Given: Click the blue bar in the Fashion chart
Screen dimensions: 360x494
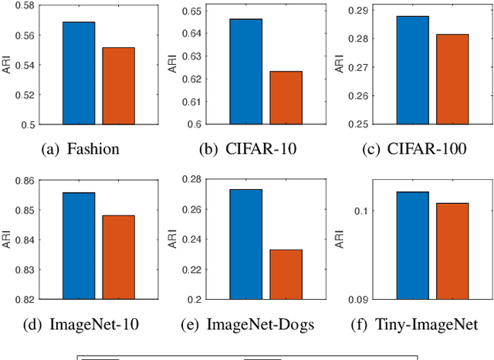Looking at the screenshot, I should (x=79, y=73).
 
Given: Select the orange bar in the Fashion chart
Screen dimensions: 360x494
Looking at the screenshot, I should (x=118, y=86).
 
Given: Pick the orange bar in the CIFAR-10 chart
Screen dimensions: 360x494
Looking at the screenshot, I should (x=286, y=97).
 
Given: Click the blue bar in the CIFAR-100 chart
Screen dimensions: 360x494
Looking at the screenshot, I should (x=412, y=70).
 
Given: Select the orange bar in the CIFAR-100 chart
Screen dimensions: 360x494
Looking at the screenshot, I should (x=452, y=79).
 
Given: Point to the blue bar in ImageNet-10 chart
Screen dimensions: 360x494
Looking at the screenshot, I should (x=79, y=246).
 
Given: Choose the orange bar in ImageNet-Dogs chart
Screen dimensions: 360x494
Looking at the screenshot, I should (x=286, y=274).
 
